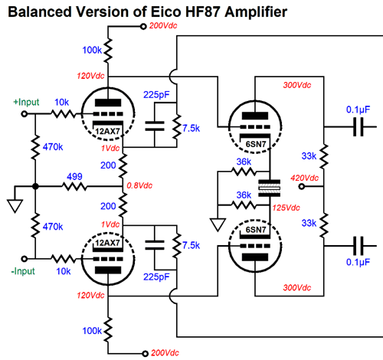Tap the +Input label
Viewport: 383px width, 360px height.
pos(26,102)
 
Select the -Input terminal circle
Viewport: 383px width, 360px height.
pos(25,259)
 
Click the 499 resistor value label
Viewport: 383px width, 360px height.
pos(74,176)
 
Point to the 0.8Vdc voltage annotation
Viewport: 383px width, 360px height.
pos(139,185)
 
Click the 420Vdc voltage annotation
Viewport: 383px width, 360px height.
pos(304,178)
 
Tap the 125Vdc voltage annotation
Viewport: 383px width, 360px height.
pos(286,208)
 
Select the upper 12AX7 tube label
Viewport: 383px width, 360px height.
pos(107,131)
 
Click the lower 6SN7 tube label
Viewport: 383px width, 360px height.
pos(256,230)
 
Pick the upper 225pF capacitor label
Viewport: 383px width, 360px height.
pos(156,95)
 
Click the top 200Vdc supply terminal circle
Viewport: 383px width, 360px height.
pos(143,26)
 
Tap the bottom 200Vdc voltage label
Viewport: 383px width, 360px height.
pos(165,353)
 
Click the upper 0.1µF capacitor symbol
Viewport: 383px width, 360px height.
pos(358,126)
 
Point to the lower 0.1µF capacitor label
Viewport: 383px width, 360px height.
pos(358,262)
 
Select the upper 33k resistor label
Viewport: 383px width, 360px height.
pos(309,155)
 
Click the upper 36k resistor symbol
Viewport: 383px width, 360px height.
pos(244,172)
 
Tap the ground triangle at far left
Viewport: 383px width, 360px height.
pos(15,206)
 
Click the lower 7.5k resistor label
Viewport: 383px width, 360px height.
pos(191,245)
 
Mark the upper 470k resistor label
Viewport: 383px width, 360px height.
pos(53,147)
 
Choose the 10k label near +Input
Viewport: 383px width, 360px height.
pos(61,102)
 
